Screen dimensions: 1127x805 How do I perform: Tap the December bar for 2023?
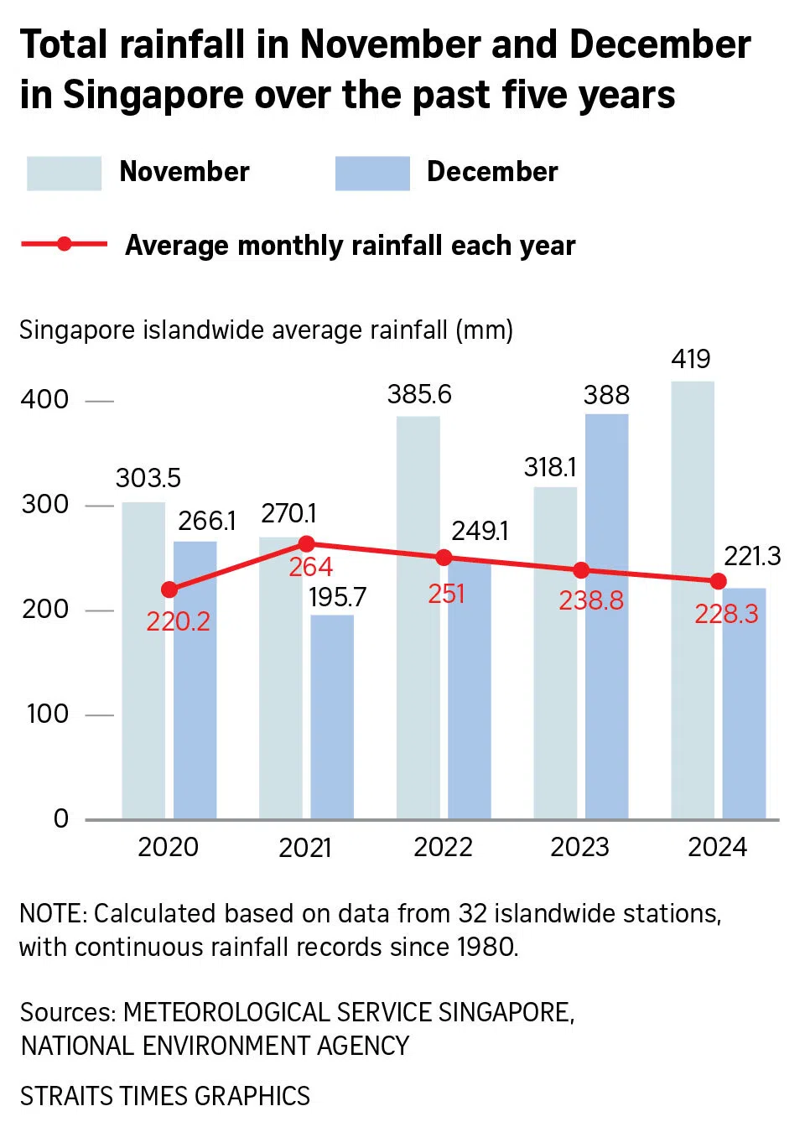(606, 671)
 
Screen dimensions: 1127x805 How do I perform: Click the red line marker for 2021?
(307, 543)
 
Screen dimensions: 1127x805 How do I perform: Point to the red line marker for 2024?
(718, 581)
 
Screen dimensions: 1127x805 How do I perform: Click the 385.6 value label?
(419, 394)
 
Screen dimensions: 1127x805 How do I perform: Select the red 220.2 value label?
(178, 621)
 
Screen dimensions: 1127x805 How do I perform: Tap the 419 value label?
(691, 359)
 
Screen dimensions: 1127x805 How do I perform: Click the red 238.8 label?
(591, 600)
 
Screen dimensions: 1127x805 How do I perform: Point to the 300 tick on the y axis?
(45, 505)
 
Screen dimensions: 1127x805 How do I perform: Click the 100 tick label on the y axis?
(47, 714)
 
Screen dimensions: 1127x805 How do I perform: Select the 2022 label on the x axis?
(443, 847)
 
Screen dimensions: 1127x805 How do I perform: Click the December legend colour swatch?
(372, 174)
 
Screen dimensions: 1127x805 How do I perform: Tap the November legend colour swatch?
(64, 174)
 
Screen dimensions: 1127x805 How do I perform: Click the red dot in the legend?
(65, 244)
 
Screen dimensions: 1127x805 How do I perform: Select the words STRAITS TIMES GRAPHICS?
(165, 1096)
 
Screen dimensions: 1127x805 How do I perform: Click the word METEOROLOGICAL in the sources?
(227, 1012)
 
